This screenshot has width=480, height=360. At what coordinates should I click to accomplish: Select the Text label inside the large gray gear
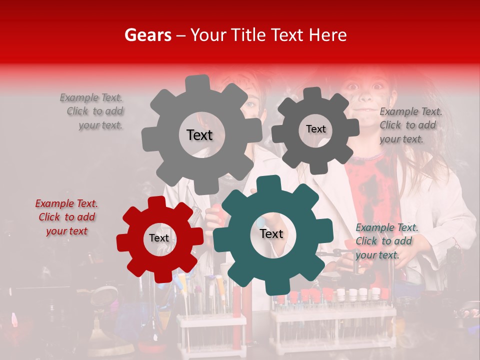[x=199, y=135]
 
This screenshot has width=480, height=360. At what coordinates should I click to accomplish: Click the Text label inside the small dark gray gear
[x=315, y=129]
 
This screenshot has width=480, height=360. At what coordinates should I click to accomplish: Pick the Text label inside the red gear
[x=159, y=238]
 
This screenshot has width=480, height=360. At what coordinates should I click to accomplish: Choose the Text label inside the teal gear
[x=271, y=234]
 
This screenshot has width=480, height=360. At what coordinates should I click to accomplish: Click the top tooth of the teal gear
[x=271, y=183]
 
